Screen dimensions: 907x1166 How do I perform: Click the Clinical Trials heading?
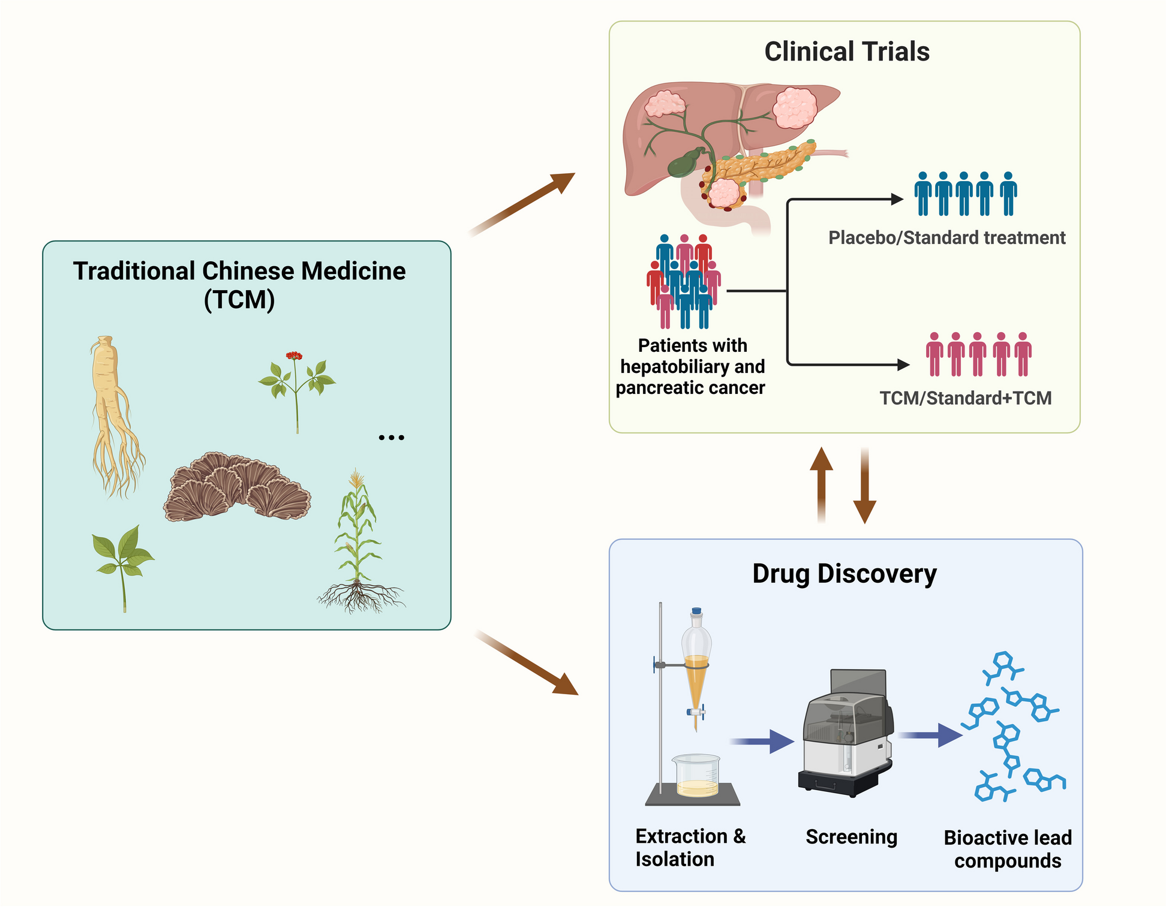[846, 52]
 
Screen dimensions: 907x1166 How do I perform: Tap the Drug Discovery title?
[844, 574]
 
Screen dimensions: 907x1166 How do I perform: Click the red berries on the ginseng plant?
[293, 356]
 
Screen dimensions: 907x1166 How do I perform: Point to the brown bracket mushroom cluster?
[236, 487]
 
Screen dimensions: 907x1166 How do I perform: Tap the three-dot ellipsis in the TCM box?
[391, 438]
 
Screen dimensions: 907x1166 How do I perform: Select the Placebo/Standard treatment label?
[946, 238]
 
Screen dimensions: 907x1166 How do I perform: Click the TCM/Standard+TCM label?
[965, 398]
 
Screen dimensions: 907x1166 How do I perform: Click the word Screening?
[851, 837]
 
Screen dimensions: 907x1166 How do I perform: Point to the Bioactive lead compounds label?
[1007, 849]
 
